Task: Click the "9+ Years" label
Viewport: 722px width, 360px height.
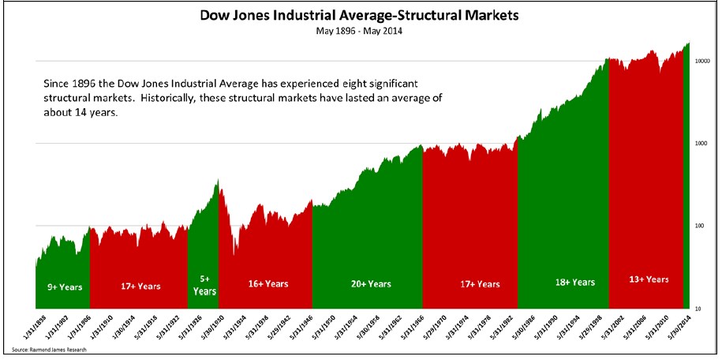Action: click(x=62, y=286)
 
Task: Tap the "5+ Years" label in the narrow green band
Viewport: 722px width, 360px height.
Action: click(x=203, y=285)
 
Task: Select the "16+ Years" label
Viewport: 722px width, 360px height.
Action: click(x=266, y=283)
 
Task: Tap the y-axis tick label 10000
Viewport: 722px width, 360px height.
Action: click(x=703, y=60)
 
